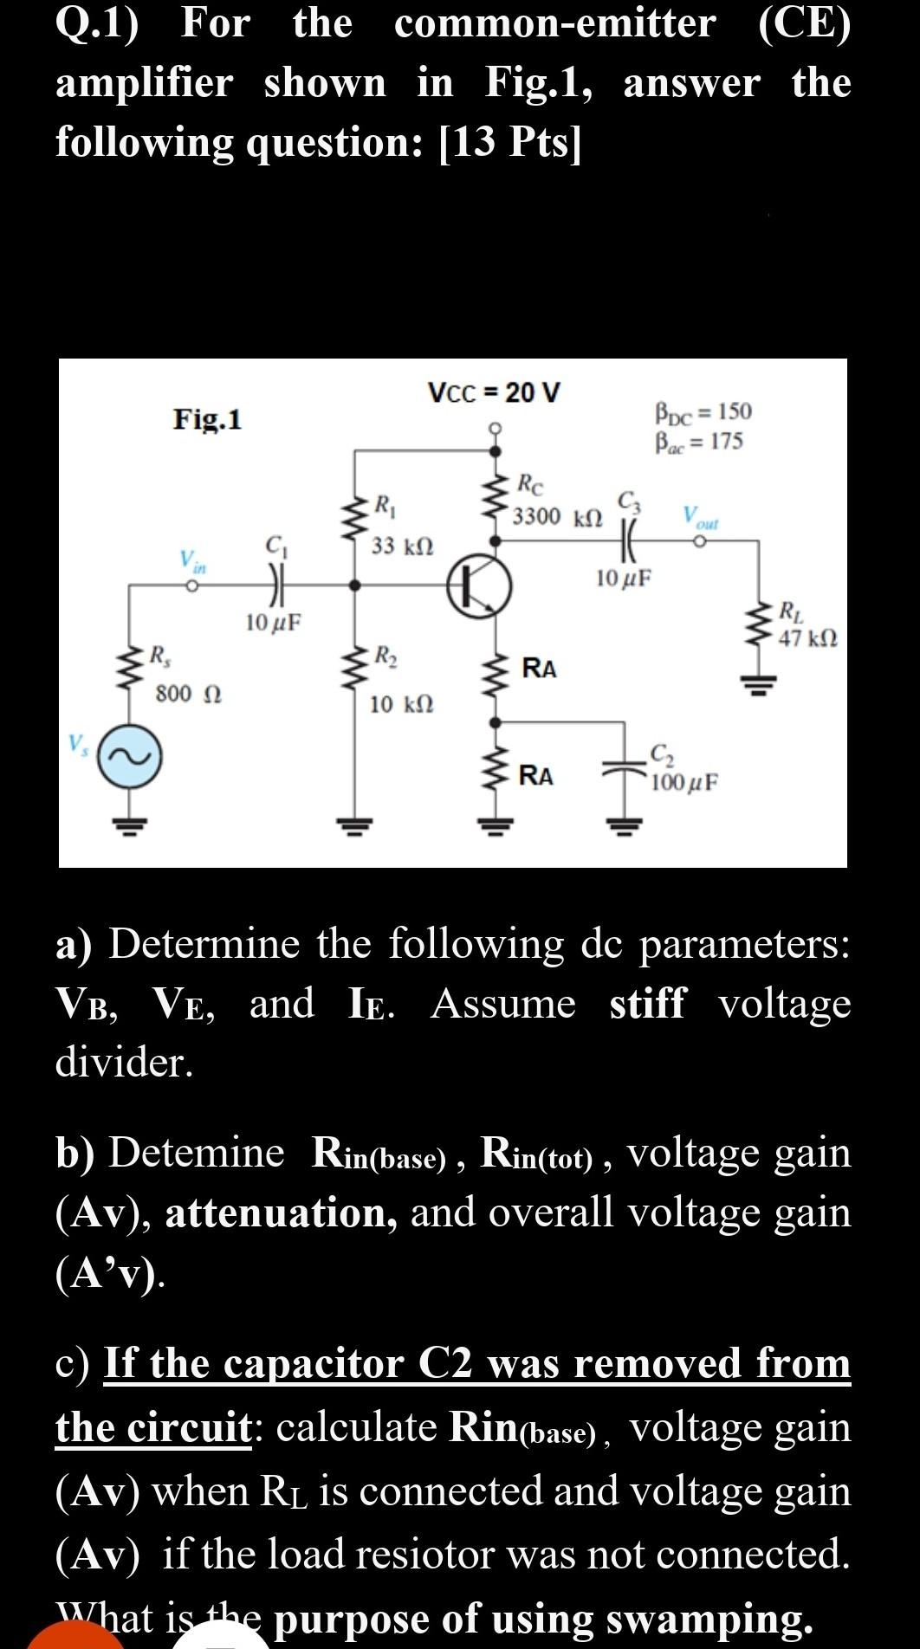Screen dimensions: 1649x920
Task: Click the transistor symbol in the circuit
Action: (x=479, y=586)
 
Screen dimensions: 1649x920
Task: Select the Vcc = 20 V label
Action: (x=495, y=392)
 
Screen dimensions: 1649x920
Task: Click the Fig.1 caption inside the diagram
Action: (x=208, y=419)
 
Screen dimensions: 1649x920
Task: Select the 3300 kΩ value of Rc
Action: (x=557, y=517)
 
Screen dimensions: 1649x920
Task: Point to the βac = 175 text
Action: (x=699, y=442)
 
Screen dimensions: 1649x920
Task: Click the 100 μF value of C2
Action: (x=684, y=782)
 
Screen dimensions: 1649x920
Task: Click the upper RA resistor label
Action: (x=540, y=669)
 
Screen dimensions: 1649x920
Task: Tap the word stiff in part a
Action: (x=646, y=1004)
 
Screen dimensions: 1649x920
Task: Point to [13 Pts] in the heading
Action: (x=511, y=141)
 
